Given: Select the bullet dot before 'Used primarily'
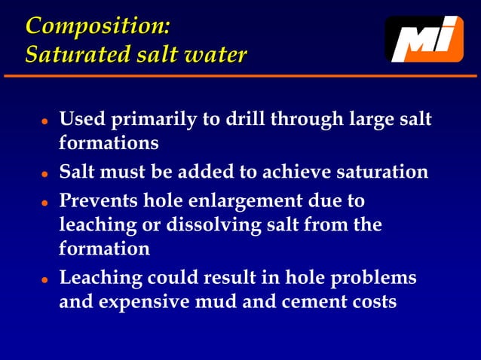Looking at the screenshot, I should (45, 121).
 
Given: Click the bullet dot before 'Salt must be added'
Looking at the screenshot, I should (45, 173).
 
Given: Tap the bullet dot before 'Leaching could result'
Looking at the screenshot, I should (45, 279).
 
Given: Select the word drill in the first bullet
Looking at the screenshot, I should (251, 120).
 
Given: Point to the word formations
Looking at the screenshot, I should (109, 142).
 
